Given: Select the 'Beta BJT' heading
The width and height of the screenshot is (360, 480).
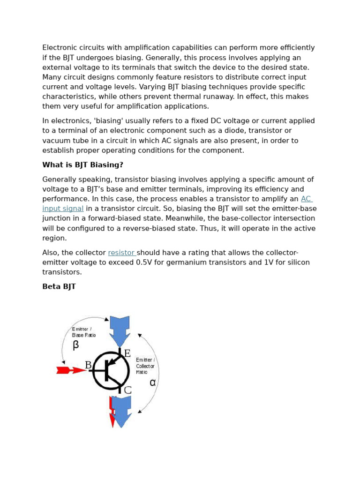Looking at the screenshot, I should pos(59,286).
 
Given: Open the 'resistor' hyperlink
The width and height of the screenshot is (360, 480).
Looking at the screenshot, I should pos(121,253).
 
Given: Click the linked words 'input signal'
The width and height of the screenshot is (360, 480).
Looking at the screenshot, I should pos(63,209).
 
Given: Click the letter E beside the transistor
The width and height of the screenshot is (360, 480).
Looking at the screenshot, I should pos(127,353).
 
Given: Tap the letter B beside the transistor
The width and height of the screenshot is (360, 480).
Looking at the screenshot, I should pos(88,365).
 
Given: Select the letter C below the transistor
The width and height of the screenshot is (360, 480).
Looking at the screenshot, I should pos(127,390).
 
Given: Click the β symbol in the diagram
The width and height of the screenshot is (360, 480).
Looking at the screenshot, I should pos(76,345).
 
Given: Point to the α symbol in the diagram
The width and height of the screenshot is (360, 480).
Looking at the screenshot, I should pos(152,382).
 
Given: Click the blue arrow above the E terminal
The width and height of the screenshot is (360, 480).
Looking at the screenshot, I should pos(120,330).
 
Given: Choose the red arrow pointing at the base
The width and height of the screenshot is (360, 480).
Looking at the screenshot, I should pos(71,370).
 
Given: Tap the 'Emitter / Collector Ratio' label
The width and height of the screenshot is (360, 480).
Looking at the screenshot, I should pos(145,366).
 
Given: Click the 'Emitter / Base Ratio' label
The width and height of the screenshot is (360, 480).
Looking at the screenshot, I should pos(83,332).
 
